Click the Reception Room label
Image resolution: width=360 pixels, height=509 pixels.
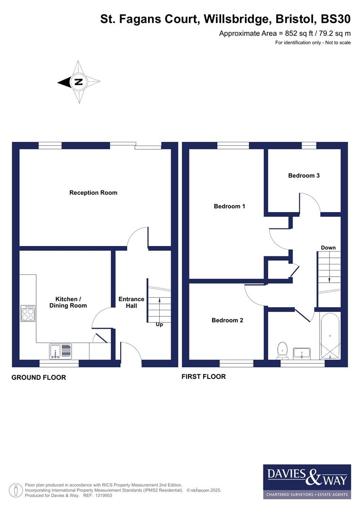tap(93, 192)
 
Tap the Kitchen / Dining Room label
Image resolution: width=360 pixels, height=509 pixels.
tap(71, 302)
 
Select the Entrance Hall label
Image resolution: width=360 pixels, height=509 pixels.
tap(131, 302)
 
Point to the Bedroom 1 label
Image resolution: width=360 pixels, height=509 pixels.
tap(229, 206)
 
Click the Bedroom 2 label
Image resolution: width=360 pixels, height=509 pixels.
tap(227, 320)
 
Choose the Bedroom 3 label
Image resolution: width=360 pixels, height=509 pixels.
tap(304, 175)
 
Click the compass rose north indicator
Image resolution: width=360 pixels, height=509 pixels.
tap(78, 82)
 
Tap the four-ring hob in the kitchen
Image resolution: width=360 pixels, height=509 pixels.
tap(28, 313)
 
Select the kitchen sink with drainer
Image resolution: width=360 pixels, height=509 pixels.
tap(60, 351)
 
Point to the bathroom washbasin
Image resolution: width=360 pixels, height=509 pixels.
tap(302, 352)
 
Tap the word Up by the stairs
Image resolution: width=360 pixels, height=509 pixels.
tap(159, 324)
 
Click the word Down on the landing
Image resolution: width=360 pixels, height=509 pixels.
tap(328, 247)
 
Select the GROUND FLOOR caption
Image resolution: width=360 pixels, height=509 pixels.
tap(39, 377)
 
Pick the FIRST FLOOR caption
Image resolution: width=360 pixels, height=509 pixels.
tap(204, 376)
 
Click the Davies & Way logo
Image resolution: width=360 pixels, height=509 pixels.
tap(307, 481)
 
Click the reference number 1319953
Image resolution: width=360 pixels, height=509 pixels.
tap(104, 495)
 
